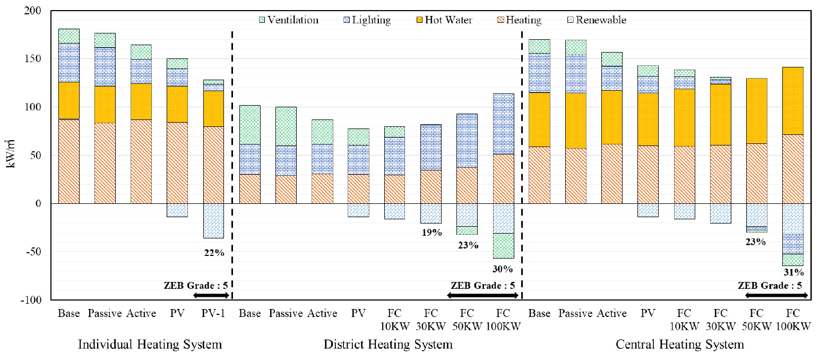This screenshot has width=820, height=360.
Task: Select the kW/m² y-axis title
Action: coord(12,155)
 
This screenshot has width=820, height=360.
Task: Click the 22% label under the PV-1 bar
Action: coord(213,253)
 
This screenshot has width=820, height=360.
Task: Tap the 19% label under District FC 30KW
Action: coord(431,233)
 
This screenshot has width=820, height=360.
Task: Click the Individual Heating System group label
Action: coord(150,345)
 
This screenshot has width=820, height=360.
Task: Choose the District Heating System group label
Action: coord(388,345)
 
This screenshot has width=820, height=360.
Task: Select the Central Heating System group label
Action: coord(679,345)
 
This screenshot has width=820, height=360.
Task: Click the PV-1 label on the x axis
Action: coord(213,313)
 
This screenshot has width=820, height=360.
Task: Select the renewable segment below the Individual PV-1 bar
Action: coord(213,221)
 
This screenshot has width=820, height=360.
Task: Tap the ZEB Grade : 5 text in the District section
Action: coord(482,286)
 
